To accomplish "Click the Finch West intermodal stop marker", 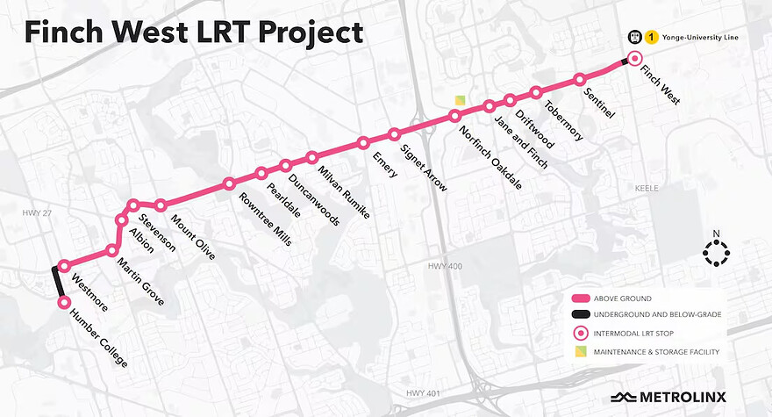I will click(637, 58).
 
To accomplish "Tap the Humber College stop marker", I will click(63, 302).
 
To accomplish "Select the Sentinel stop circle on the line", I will click(579, 79).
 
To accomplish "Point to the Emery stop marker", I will click(362, 143).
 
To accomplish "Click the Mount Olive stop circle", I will click(161, 205).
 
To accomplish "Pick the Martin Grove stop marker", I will click(112, 250).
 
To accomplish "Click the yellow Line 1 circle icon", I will click(652, 38).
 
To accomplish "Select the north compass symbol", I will click(716, 252).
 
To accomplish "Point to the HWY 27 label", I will click(36, 212).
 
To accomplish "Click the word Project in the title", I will click(302, 33).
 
